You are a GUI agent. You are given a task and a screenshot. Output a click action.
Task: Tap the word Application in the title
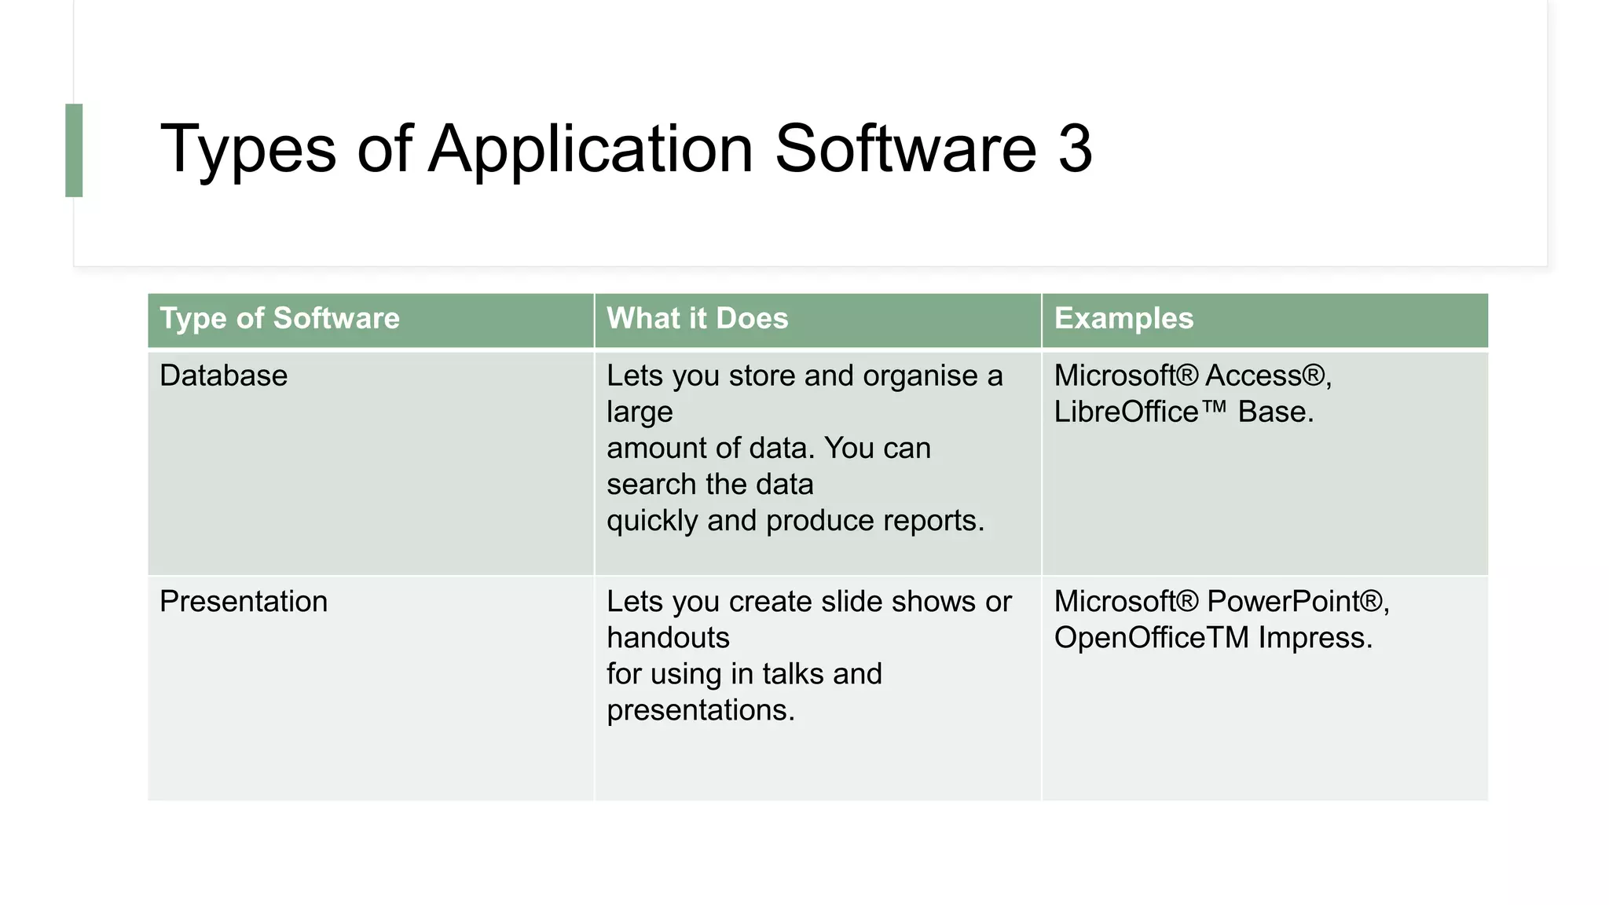coord(591,149)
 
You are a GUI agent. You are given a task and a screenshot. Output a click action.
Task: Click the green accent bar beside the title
coord(74,150)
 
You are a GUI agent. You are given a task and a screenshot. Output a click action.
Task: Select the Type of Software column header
coord(280,318)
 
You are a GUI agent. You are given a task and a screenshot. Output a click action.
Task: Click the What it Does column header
coord(697,318)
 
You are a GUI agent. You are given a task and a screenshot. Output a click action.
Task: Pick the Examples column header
coord(1123,318)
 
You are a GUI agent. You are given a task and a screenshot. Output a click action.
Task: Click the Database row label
coord(223,376)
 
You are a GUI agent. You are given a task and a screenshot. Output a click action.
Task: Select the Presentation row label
coord(244,602)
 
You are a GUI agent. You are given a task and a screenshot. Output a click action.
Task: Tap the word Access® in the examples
coord(1267,376)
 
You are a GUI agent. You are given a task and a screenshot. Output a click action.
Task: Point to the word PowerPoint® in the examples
coord(1297,602)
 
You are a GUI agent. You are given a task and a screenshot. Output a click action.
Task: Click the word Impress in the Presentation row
coord(1314,638)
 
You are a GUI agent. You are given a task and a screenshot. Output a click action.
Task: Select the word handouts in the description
coord(668,638)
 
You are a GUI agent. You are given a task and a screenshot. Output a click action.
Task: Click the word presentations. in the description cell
coord(701,710)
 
